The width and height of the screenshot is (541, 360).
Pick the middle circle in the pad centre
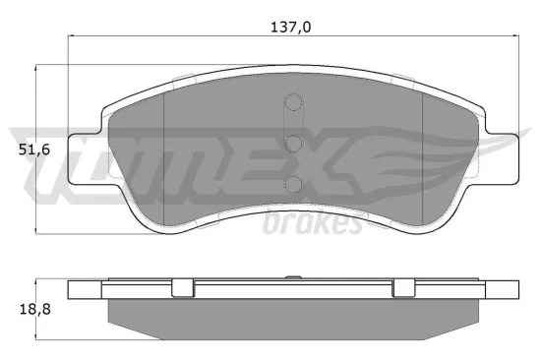pyautogui.click(x=292, y=144)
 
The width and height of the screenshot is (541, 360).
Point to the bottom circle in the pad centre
pyautogui.click(x=292, y=182)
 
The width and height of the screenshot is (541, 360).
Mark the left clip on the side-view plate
pyautogui.click(x=183, y=288)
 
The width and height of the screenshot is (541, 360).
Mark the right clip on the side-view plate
pyautogui.click(x=403, y=288)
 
